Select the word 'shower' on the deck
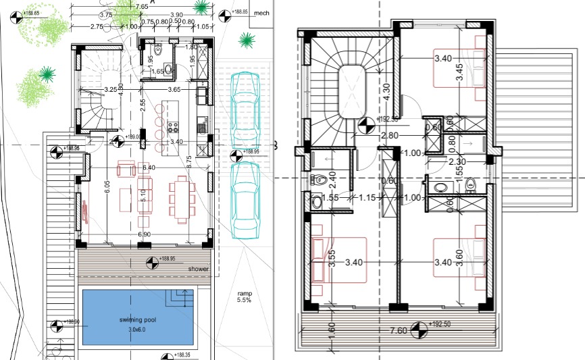(x=199, y=269)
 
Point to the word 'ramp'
(x=244, y=294)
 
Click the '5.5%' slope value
(x=244, y=301)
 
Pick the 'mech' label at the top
(x=261, y=12)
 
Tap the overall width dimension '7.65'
(x=142, y=6)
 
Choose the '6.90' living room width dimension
(x=144, y=234)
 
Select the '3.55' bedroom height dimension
(x=332, y=259)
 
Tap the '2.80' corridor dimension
(x=389, y=136)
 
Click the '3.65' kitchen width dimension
(x=174, y=89)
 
